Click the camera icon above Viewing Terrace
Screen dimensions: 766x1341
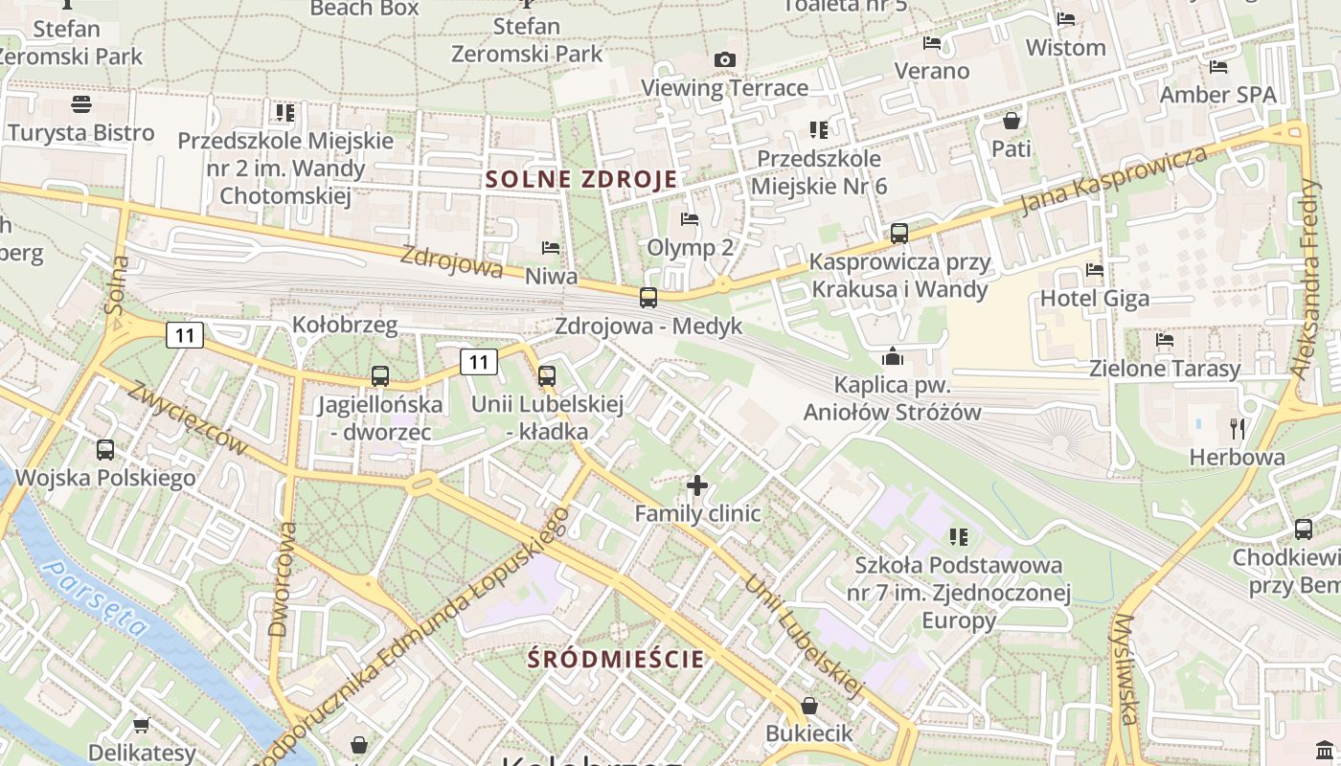point(725,60)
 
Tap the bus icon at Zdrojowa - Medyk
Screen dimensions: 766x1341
point(648,297)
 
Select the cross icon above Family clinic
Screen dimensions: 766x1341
point(697,485)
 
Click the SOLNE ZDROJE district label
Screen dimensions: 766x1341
point(581,179)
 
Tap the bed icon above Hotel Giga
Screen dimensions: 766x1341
point(1095,270)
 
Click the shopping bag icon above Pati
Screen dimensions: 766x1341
point(1011,121)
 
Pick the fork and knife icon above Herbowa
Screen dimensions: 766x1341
point(1238,428)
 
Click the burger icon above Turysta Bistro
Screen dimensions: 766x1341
point(81,103)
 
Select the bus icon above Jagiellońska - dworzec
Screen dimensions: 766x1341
point(380,376)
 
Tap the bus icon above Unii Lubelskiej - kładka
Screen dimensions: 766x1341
point(547,376)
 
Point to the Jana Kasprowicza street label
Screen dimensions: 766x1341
point(1113,181)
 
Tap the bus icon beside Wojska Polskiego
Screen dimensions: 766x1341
point(105,449)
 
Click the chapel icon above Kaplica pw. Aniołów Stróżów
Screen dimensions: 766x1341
point(893,357)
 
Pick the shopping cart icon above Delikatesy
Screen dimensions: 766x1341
point(141,726)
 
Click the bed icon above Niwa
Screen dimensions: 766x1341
point(551,248)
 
